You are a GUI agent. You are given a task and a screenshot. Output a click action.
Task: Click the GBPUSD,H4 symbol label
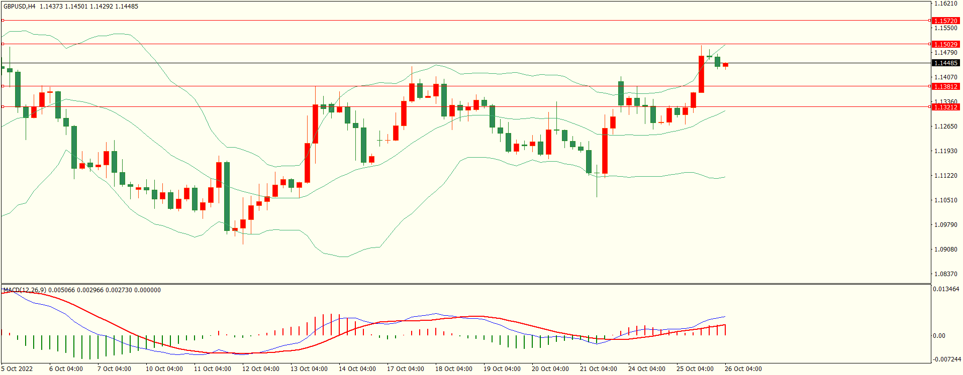pos(20,7)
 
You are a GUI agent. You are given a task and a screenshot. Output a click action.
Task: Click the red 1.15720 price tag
pos(945,21)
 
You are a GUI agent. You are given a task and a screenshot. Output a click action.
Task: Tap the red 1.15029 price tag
pos(945,44)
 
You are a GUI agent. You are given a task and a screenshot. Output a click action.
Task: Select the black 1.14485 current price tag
pos(945,63)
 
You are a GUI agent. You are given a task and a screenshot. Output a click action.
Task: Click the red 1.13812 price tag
pos(945,86)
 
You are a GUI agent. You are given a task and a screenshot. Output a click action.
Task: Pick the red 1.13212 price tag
pos(945,107)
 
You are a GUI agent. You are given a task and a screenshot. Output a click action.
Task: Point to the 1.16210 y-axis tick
pos(945,4)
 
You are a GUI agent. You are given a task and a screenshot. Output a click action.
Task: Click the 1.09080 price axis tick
pos(945,249)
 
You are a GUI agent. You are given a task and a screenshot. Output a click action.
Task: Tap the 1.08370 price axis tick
pos(945,274)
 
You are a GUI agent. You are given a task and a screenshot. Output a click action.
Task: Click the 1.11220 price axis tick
pos(945,176)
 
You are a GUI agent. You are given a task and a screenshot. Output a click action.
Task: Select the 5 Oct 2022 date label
pos(17,369)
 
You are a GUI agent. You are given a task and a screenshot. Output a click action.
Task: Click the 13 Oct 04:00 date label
pos(309,369)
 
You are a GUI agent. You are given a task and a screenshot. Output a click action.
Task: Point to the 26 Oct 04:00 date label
pos(743,369)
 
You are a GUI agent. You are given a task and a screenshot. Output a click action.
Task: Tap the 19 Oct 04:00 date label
pos(502,369)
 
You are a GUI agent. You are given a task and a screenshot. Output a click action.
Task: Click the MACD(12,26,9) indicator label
pos(25,290)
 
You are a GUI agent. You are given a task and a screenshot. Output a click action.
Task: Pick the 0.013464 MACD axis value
pos(945,289)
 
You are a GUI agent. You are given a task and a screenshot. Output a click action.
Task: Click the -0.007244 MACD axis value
pos(947,359)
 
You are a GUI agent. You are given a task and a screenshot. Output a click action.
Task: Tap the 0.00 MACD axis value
pos(939,336)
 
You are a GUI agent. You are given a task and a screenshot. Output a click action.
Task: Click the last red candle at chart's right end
pos(725,65)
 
